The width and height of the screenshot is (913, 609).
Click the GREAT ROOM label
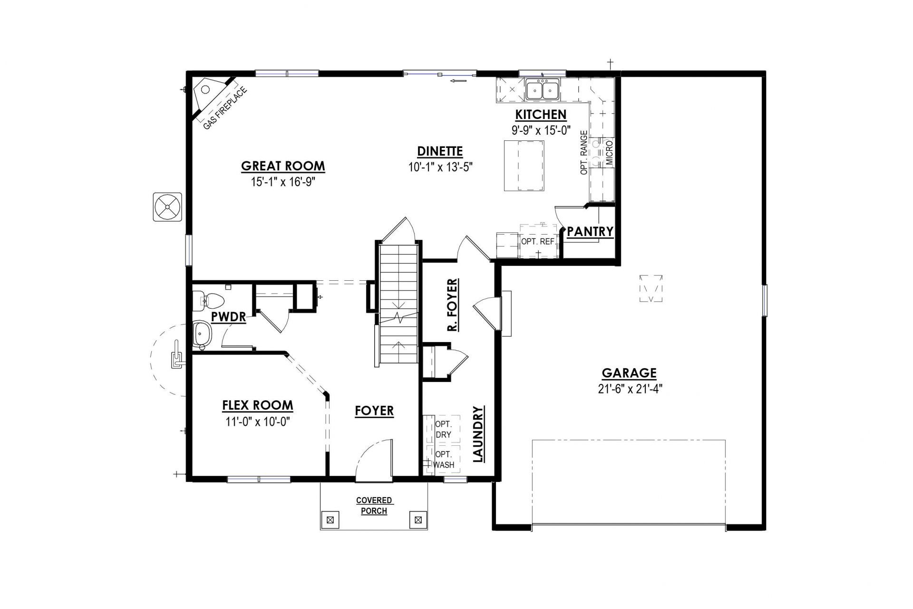coord(283,166)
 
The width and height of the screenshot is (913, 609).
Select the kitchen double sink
coord(543,89)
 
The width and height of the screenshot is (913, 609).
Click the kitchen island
coord(524,165)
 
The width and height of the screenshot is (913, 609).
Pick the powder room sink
coord(202,334)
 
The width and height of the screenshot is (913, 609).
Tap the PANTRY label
coord(590,232)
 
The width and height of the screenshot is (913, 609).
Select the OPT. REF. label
coord(538,242)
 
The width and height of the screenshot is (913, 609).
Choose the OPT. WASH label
coord(444,460)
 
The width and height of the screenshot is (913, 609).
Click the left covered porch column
coord(331,520)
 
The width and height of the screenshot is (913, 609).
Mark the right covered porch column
coord(418,520)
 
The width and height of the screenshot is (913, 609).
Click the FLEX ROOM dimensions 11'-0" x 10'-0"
coord(258,422)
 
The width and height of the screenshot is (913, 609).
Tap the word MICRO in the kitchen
coord(610,153)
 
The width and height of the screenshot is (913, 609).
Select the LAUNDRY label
coord(478,434)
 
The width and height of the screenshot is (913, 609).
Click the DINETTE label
coord(440,151)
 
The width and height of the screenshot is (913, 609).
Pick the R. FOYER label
coord(452,305)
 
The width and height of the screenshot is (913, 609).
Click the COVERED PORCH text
coord(374,506)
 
